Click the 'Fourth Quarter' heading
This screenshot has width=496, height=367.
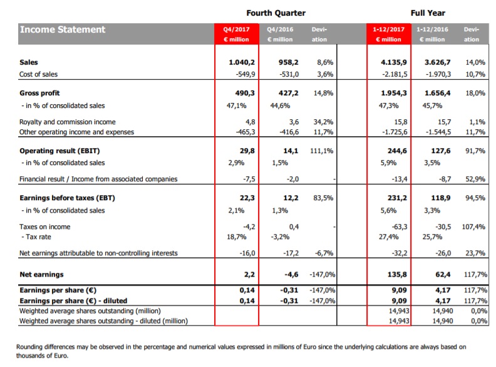click(x=276, y=13)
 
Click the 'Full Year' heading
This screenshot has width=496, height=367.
click(x=428, y=13)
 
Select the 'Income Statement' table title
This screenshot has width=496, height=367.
click(x=63, y=29)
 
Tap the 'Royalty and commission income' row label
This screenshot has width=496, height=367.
click(x=67, y=121)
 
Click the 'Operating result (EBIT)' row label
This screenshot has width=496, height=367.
click(x=59, y=151)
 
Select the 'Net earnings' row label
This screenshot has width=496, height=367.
click(x=41, y=274)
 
